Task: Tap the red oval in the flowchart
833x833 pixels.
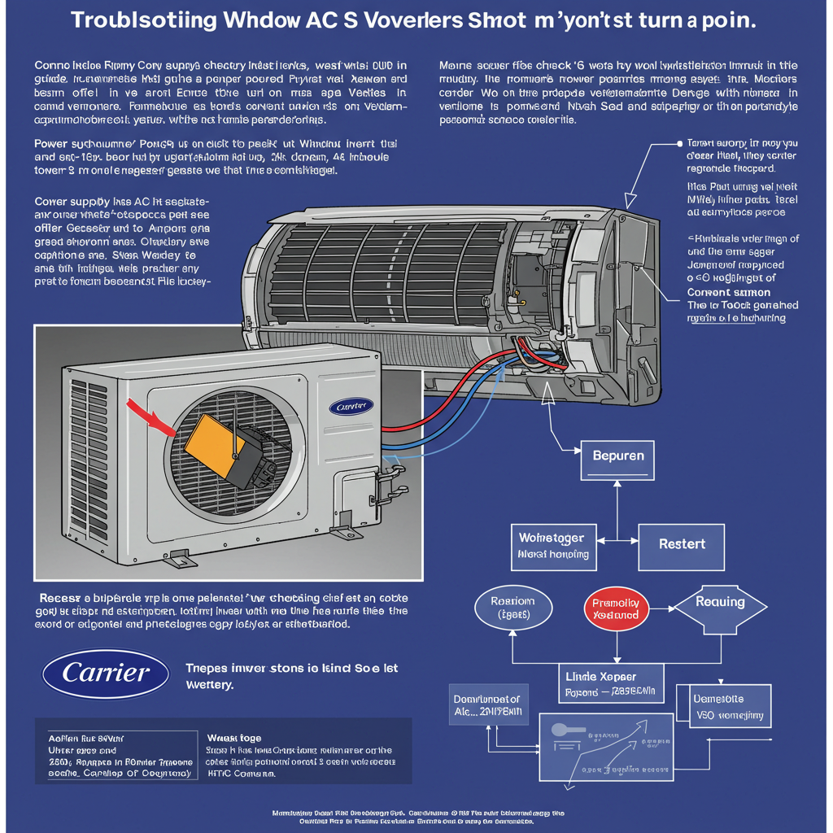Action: [616, 609]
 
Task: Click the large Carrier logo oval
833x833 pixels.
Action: [106, 674]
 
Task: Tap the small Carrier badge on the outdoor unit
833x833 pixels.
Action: [352, 405]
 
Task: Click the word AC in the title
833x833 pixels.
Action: [342, 20]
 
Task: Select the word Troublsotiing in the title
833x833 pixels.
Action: [143, 20]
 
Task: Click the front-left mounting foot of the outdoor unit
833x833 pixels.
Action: [178, 560]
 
